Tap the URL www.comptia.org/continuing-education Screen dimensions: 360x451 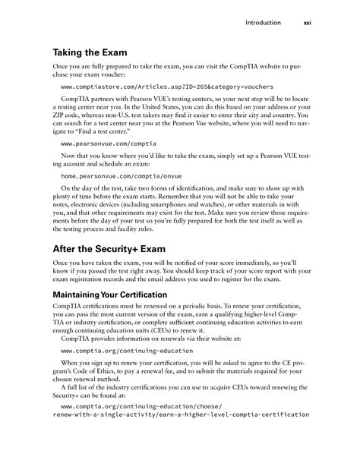coord(115,352)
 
